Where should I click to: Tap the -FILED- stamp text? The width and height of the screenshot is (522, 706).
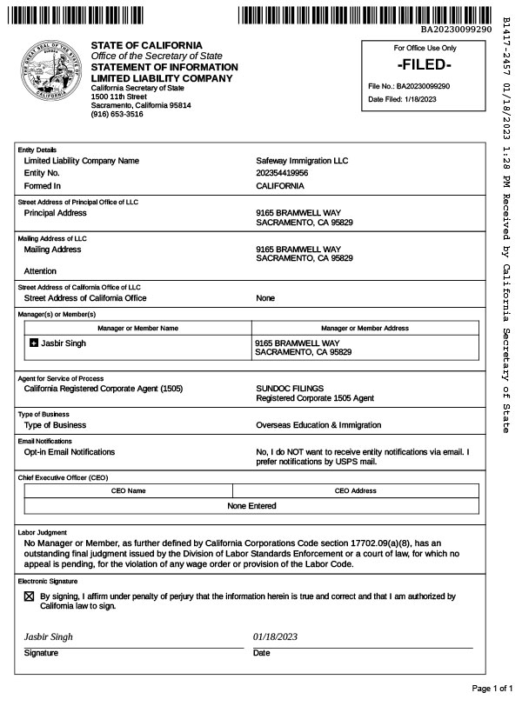pos(424,65)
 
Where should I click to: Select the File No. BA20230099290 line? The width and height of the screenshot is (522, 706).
pos(409,86)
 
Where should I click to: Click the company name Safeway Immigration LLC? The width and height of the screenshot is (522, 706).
pos(302,161)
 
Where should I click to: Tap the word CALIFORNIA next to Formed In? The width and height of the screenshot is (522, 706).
pos(280,186)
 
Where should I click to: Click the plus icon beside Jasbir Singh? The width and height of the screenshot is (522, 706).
pos(34,343)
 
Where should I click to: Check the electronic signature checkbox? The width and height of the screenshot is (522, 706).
pos(29,597)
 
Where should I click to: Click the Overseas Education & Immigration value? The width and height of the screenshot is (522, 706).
pos(318,425)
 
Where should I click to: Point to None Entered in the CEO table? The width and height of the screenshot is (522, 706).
pos(251,506)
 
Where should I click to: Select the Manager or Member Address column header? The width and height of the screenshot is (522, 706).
pos(365,328)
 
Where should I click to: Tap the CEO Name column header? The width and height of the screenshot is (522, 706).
pos(129,490)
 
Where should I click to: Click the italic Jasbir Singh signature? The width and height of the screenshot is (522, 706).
pos(49,636)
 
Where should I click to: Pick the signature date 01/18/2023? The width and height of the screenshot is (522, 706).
pos(276,636)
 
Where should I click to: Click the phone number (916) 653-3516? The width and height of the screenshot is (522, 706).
pos(117,114)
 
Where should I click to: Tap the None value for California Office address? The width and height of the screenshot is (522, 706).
pos(265,298)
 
